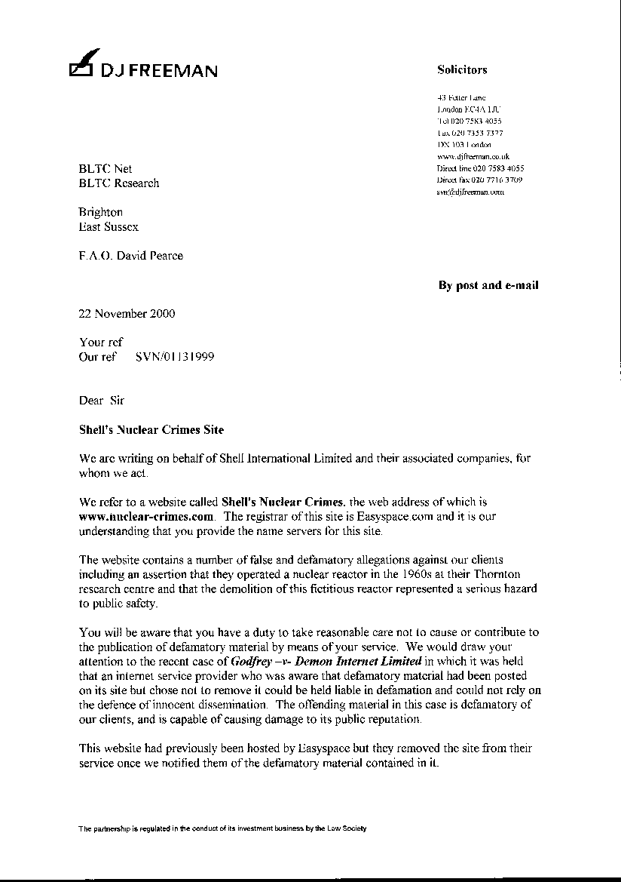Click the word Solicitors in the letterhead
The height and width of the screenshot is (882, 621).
tap(462, 69)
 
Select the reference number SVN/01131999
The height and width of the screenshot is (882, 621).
tap(174, 357)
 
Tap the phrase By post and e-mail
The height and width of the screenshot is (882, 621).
tap(488, 285)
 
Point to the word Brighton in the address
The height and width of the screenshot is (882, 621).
tap(101, 212)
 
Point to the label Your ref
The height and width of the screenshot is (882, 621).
tap(100, 343)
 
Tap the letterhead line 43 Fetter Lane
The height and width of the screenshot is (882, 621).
tap(461, 97)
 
